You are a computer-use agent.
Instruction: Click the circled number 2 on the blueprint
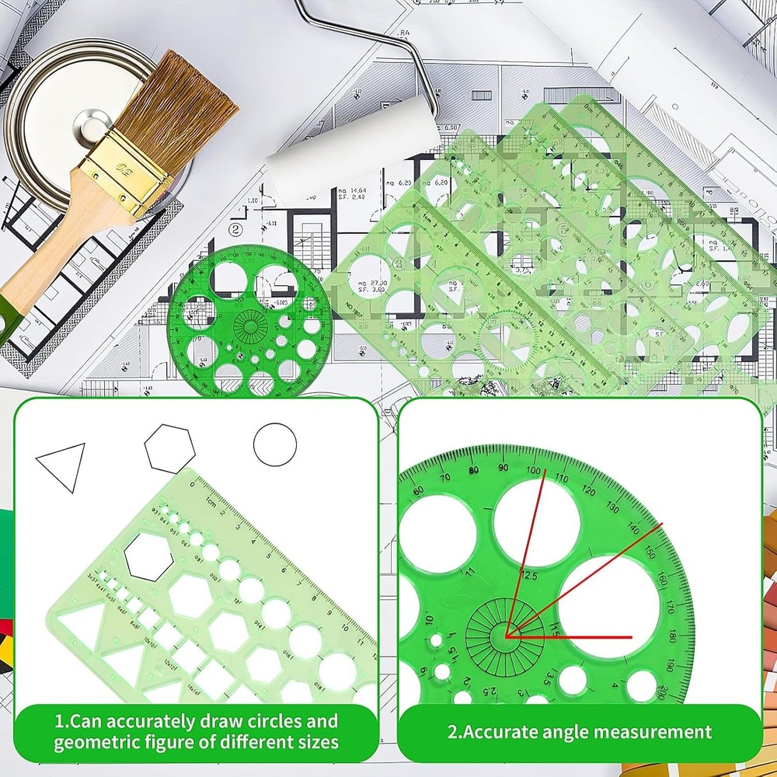pyautogui.click(x=235, y=229)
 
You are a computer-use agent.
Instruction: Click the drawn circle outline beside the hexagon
pyautogui.click(x=275, y=444)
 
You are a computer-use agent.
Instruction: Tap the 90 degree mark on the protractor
pyautogui.click(x=503, y=467)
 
